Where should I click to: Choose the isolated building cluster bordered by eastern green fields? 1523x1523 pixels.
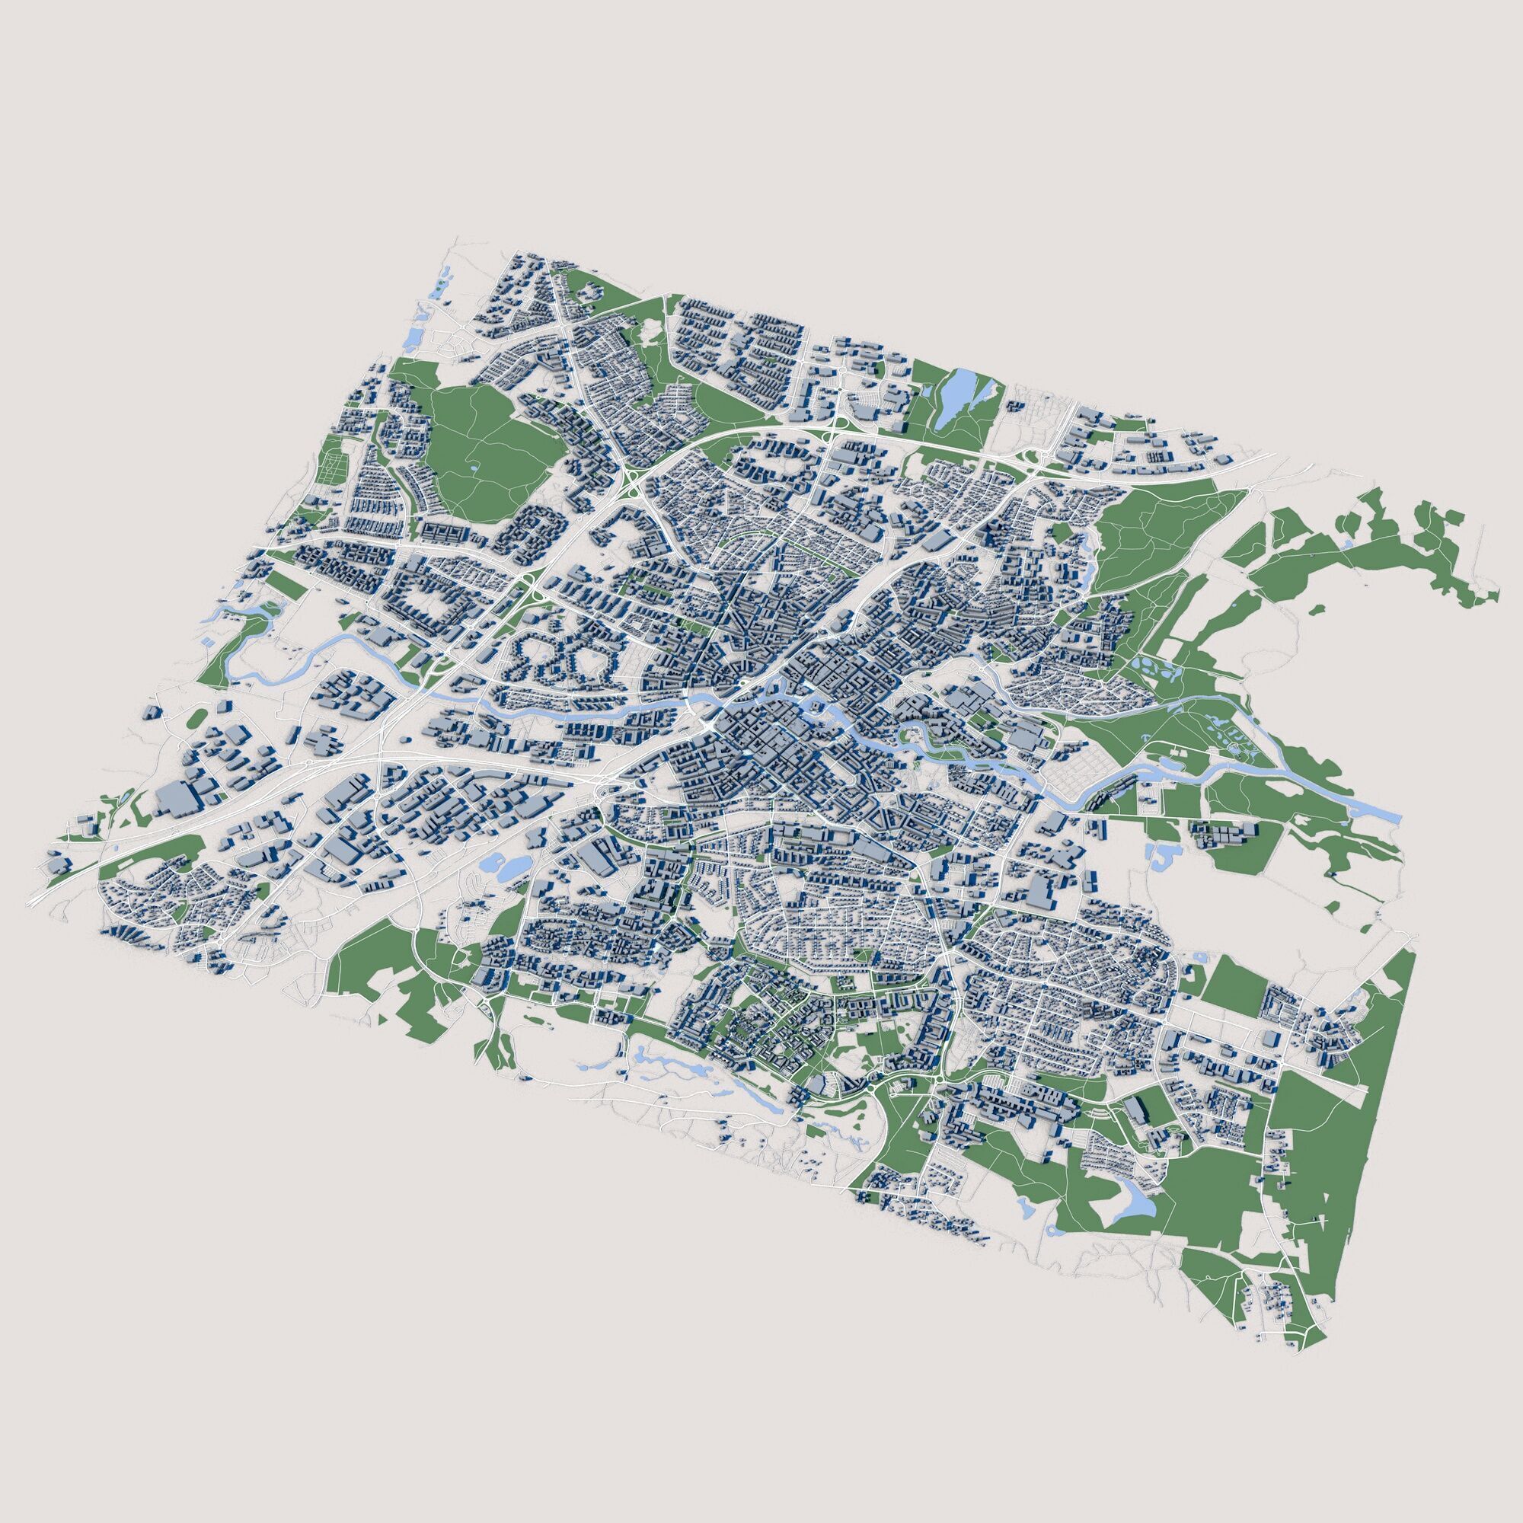click(1226, 837)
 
